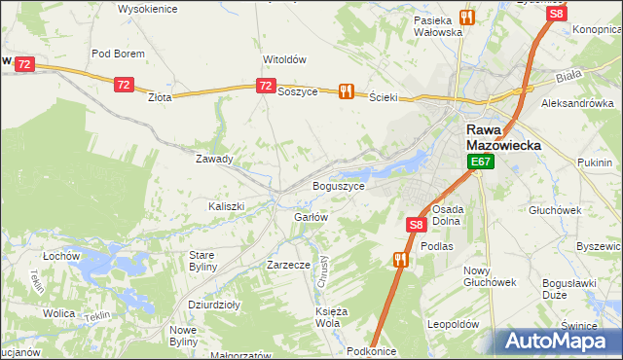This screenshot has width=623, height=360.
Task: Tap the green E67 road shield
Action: pyautogui.click(x=480, y=162)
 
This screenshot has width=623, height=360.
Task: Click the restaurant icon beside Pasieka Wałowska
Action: pyautogui.click(x=466, y=17)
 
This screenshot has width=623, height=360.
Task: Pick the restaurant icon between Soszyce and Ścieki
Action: pyautogui.click(x=345, y=91)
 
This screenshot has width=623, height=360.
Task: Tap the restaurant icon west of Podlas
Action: pyautogui.click(x=400, y=260)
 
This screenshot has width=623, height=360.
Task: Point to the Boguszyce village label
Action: pyautogui.click(x=338, y=185)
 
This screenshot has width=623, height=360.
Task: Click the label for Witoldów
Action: pyautogui.click(x=284, y=58)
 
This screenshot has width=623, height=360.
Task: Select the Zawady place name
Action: pyautogui.click(x=214, y=159)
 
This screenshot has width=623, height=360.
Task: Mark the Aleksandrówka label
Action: pyautogui.click(x=578, y=103)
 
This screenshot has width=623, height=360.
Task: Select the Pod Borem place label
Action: pyautogui.click(x=118, y=54)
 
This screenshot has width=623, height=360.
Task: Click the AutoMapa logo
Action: pyautogui.click(x=553, y=341)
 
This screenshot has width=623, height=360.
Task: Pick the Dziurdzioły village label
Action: pyautogui.click(x=214, y=304)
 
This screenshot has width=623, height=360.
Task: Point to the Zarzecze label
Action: pyautogui.click(x=288, y=264)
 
